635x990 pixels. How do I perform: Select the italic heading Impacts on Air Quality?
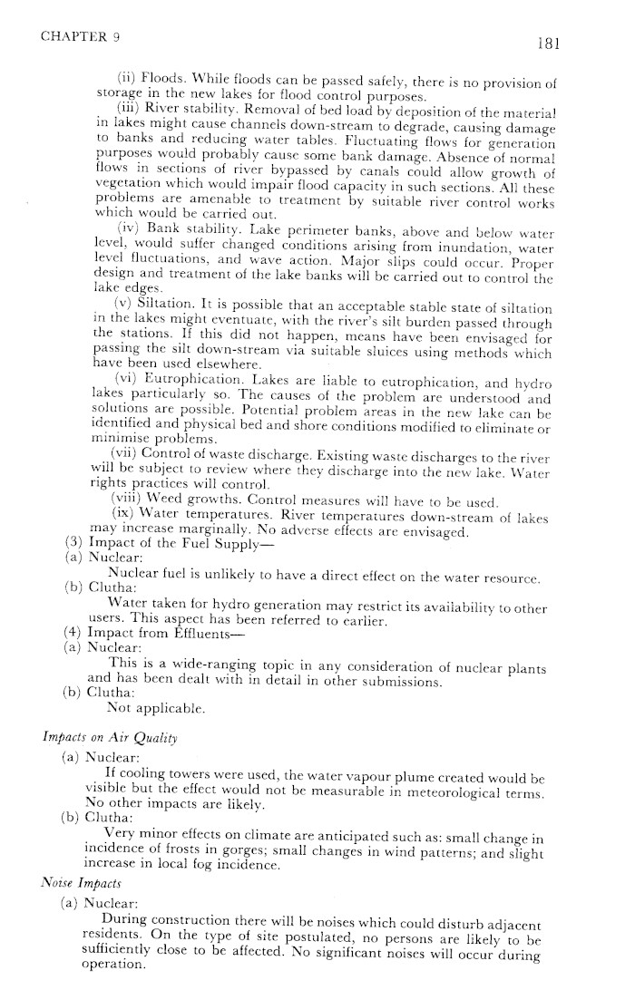click(x=93, y=738)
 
